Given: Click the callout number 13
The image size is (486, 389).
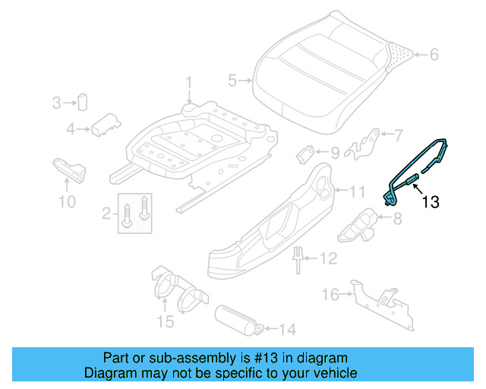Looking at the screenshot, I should coord(431,202).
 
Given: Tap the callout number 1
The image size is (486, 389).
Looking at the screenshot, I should coord(190,81).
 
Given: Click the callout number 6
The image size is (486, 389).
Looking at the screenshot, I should coord(434,55).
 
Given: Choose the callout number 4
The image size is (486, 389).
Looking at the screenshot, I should coord(70,129).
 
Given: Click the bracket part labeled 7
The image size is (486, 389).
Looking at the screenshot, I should coord(364,144).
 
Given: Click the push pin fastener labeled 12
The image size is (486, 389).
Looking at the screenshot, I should coord(297,261).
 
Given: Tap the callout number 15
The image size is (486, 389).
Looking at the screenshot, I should coord(165,322).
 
